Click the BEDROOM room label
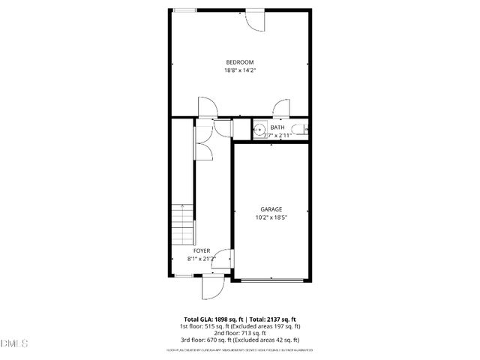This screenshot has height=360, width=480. [240, 61]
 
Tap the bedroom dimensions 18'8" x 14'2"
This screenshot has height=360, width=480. [240, 70]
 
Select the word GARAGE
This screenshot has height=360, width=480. [271, 208]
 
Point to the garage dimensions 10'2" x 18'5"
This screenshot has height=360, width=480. [271, 217]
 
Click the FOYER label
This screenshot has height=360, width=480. [202, 250]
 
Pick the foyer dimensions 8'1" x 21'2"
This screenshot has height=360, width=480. [201, 259]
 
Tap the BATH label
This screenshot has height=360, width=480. [277, 127]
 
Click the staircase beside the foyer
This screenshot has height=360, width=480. [182, 225]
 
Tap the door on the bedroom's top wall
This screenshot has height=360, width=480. [256, 20]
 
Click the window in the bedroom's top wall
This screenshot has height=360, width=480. [185, 10]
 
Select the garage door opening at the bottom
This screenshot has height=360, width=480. [271, 280]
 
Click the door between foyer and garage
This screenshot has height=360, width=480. [225, 259]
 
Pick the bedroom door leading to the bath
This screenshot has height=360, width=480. [282, 108]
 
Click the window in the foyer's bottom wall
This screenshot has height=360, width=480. [182, 277]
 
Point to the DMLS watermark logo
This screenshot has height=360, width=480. [14, 343]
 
